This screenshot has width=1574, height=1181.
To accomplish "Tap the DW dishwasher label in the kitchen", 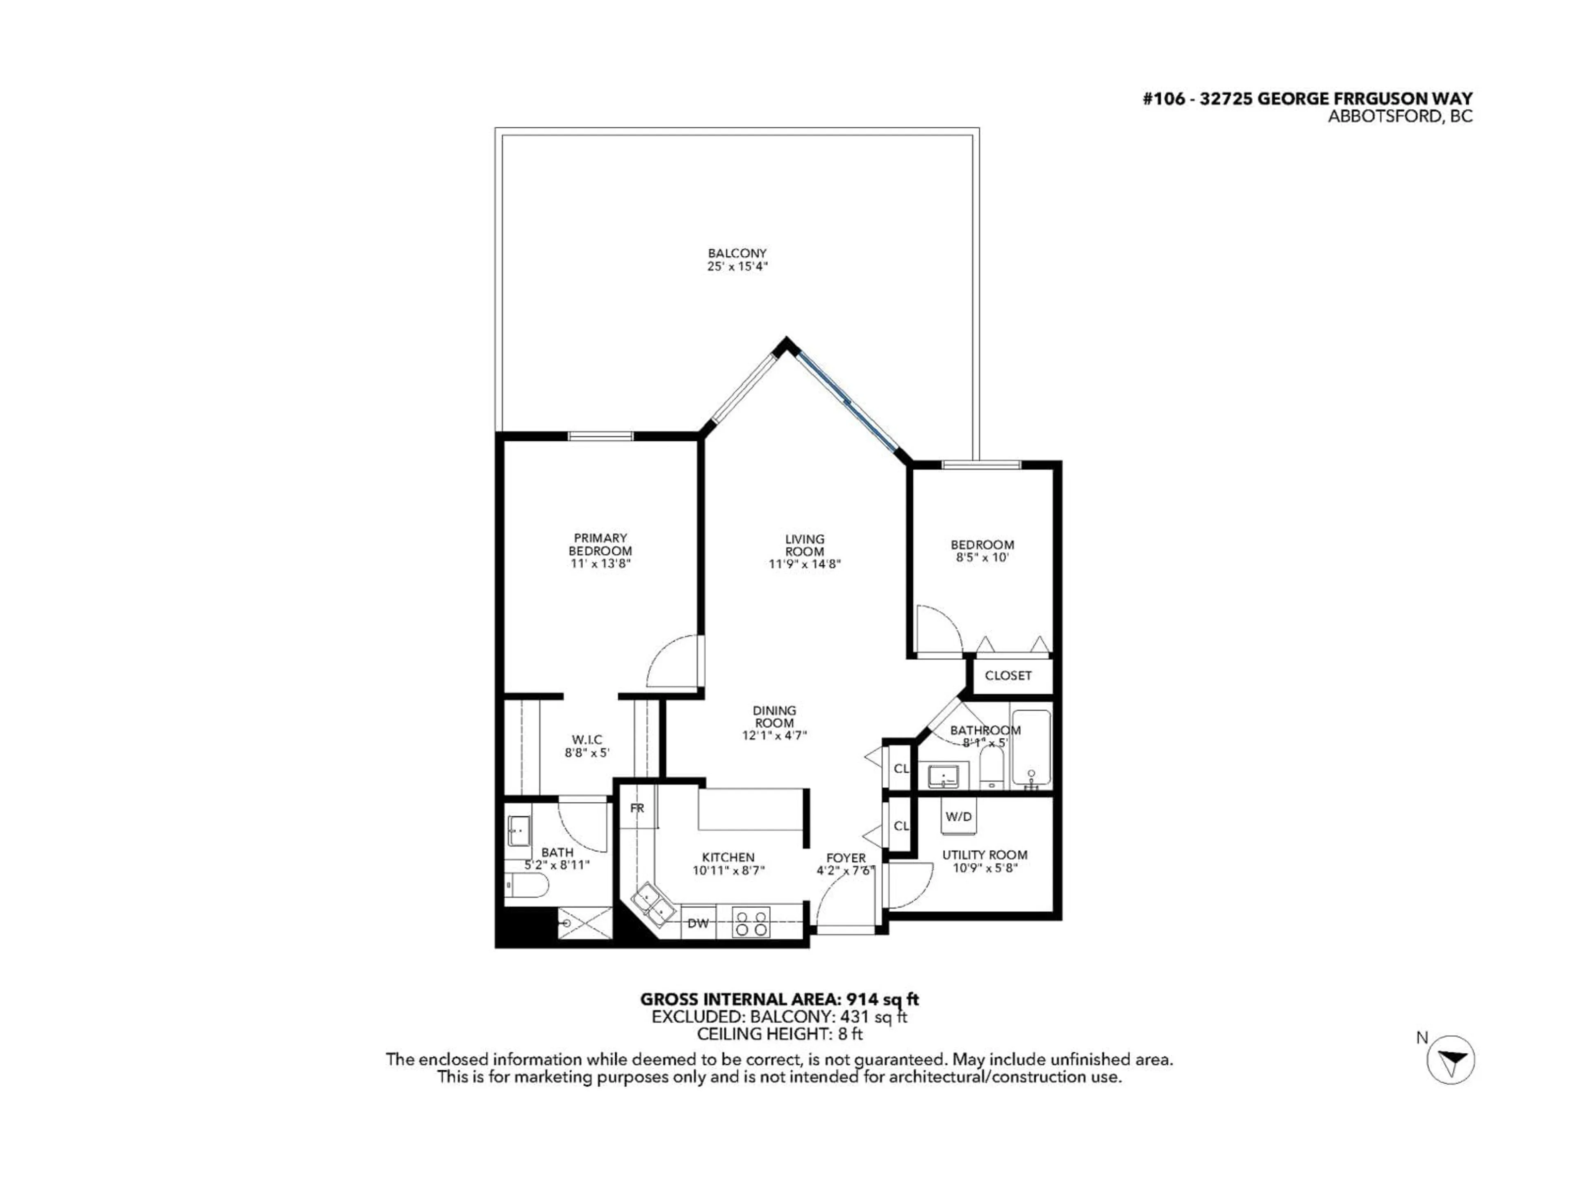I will pyautogui.click(x=698, y=923).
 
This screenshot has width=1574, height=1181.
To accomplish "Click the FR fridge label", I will pyautogui.click(x=637, y=808).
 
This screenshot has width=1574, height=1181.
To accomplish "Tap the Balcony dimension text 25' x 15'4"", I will pyautogui.click(x=737, y=266).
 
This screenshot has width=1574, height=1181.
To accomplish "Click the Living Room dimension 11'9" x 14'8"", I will pyautogui.click(x=804, y=564).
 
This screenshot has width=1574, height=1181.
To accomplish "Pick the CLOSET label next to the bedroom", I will pyautogui.click(x=1008, y=675).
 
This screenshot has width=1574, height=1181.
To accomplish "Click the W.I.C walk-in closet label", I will pyautogui.click(x=587, y=740).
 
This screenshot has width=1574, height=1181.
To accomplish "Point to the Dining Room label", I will pyautogui.click(x=774, y=716).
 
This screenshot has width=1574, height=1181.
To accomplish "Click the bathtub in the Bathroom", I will pyautogui.click(x=1030, y=748).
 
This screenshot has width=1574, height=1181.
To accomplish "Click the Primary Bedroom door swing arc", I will pyautogui.click(x=673, y=661).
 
